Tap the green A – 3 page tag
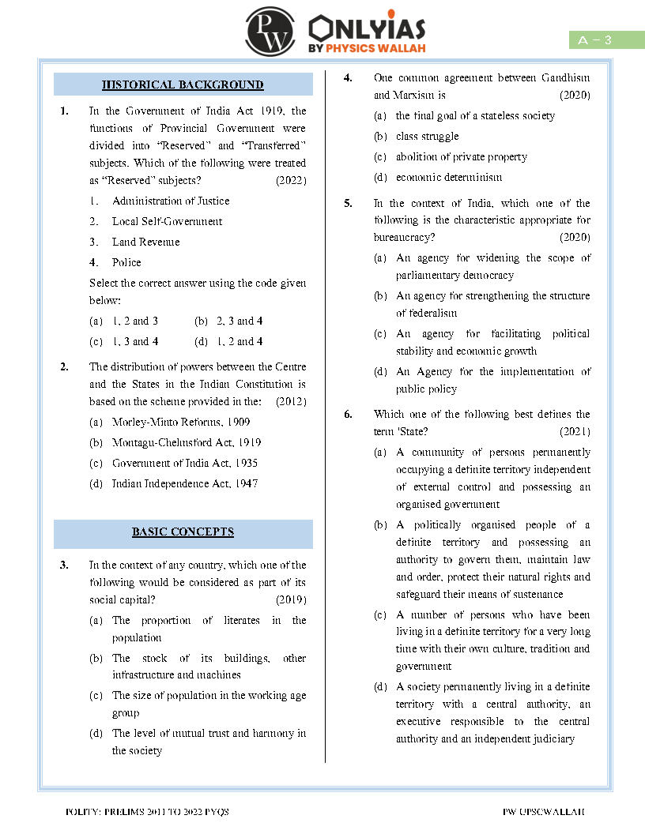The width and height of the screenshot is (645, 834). point(606,40)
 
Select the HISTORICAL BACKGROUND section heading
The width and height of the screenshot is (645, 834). point(183,85)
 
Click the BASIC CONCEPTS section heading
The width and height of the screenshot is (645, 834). point(183,532)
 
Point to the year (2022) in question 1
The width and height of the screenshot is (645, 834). point(291,180)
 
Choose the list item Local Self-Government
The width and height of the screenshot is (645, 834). point(167,222)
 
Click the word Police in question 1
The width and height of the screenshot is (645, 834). point(126,262)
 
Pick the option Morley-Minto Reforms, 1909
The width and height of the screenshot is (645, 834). point(181,423)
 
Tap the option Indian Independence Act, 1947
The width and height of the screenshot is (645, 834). point(184,483)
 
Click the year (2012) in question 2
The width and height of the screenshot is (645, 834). point(291,401)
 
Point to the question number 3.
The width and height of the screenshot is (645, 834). point(64,565)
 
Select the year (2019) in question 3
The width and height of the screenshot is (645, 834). point(291,600)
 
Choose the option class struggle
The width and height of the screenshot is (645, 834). point(427,137)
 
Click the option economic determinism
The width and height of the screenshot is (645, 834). point(448,178)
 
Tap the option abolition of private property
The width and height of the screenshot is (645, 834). point(461,157)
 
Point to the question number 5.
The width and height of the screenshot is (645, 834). point(348,203)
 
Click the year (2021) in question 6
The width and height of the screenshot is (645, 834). point(575,432)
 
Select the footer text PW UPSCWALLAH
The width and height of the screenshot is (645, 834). point(543,812)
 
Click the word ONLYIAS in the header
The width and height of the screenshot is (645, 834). point(368,29)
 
